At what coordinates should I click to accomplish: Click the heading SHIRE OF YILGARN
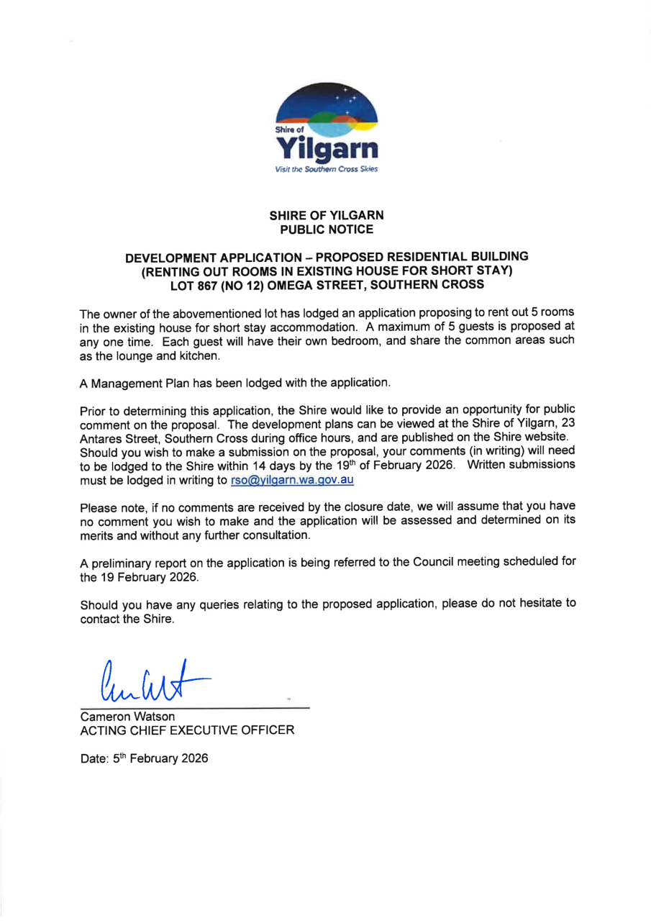326,216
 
